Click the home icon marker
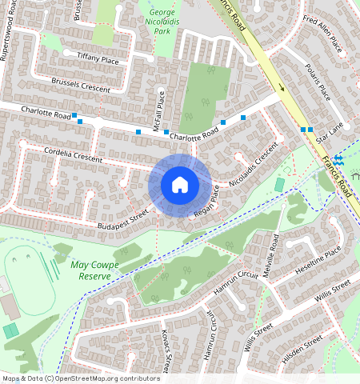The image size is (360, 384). (180, 185)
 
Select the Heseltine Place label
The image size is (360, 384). (319, 260)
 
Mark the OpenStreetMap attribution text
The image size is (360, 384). (80, 378)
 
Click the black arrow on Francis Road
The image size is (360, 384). (282, 87)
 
